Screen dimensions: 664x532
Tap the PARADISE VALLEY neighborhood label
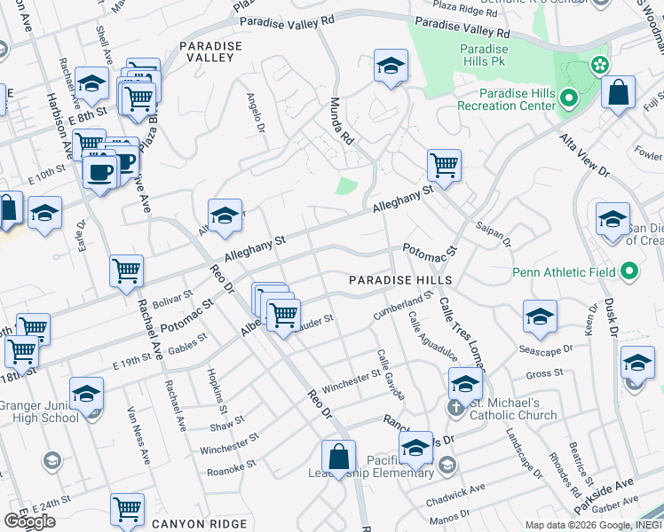coord(207,51)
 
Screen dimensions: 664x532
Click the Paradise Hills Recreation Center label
coord(505,99)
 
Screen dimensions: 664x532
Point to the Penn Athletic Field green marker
coord(630,270)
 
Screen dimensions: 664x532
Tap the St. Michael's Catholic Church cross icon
coord(454,408)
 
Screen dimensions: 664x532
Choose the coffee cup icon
coord(99,170)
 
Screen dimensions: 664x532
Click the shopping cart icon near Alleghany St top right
coord(443,164)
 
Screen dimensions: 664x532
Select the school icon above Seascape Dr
coord(539,315)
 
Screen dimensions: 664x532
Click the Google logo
coord(29,521)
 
